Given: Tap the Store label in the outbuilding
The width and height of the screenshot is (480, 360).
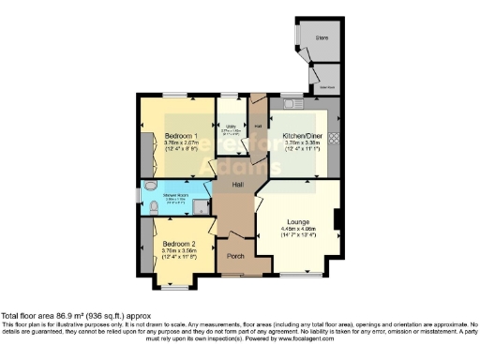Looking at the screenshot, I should (321, 38).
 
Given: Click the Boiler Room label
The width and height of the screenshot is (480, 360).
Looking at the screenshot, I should (326, 85).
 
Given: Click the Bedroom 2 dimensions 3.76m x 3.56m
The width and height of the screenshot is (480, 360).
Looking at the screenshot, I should (177, 250).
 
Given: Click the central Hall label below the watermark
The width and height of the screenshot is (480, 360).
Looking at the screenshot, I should (238, 185).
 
